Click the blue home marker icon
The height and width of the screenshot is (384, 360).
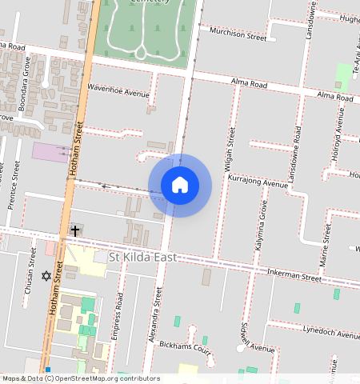pyautogui.click(x=180, y=185)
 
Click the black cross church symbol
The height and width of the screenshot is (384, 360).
pyautogui.click(x=75, y=230)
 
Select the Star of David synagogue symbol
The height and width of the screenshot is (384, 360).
pyautogui.click(x=46, y=276)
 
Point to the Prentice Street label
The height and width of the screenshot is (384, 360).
pyautogui.click(x=14, y=185)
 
